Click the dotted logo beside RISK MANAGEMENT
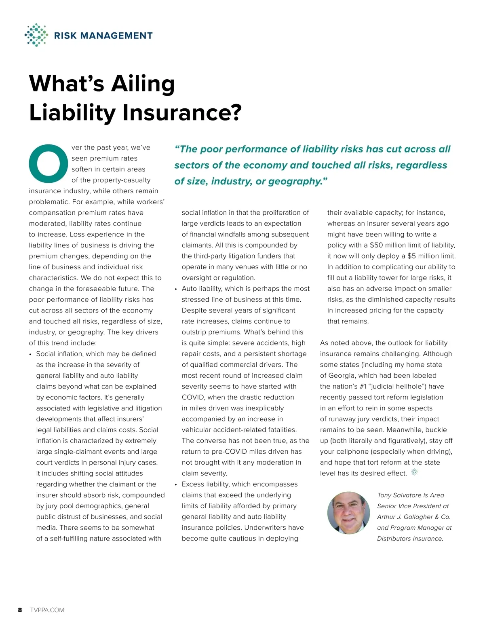36,35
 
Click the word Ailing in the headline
143,84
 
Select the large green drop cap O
48,163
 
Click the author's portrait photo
348,513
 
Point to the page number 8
20,610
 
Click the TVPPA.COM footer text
47,610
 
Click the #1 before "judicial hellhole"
363,386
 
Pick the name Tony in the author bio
384,495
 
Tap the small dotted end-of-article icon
414,472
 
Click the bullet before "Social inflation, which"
31,354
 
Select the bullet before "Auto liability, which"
176,289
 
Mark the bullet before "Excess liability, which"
176,484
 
